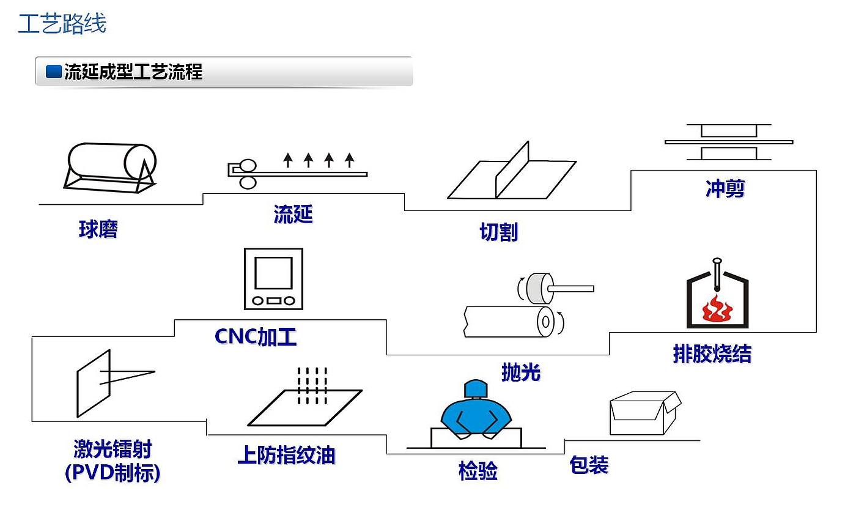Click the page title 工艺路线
click(62, 24)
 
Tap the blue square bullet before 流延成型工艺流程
click(54, 72)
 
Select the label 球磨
click(98, 229)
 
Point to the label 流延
click(293, 215)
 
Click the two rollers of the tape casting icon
click(248, 174)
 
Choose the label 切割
click(498, 232)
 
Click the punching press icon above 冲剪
click(728, 142)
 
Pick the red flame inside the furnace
click(717, 309)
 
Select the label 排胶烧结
click(712, 354)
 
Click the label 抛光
click(520, 372)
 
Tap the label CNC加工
click(256, 337)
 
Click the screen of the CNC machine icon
click(273, 273)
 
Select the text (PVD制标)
click(113, 473)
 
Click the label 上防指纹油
click(286, 455)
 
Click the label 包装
click(589, 465)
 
